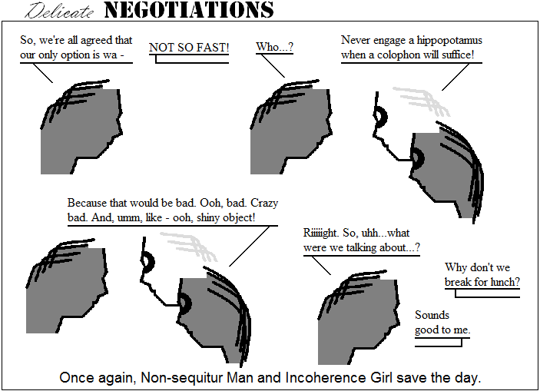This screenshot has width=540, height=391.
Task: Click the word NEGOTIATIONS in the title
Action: point(189,10)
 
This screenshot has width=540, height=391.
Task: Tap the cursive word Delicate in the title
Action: point(59,11)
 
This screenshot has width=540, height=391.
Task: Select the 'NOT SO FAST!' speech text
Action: point(189,48)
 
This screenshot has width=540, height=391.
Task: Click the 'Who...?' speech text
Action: point(274,47)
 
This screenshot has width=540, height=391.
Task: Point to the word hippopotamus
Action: point(449,41)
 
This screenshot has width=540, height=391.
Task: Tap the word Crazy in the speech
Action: point(264,204)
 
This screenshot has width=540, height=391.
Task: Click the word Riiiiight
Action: point(321,233)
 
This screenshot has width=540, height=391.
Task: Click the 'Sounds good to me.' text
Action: point(442,323)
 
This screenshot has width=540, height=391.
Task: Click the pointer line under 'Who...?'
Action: point(273,66)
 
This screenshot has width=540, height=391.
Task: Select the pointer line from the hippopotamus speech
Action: point(456,77)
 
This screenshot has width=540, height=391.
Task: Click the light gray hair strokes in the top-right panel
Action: point(422,101)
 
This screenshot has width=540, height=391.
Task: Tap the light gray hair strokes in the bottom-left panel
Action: point(189,247)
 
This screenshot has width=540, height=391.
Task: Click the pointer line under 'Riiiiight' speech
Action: point(321,266)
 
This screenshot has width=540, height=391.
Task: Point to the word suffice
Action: point(458,55)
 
